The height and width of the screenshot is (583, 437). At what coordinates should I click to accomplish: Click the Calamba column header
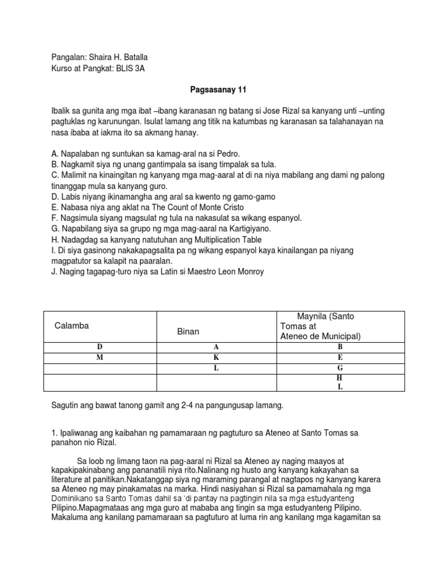point(72,326)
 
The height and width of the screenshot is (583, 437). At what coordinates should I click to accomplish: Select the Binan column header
point(188,331)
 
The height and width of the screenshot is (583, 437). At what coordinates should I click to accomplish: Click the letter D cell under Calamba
point(100,347)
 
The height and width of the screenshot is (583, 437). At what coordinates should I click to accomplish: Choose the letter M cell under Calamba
point(100,358)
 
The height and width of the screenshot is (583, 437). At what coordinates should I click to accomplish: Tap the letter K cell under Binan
point(216,358)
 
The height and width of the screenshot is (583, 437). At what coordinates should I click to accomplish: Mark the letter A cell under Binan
point(216,347)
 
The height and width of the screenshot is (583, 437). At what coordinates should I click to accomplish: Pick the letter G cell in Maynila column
point(340,368)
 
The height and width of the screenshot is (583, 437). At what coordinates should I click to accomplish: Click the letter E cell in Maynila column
point(340,358)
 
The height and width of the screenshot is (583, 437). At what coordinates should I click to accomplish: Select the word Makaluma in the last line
point(70,518)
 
